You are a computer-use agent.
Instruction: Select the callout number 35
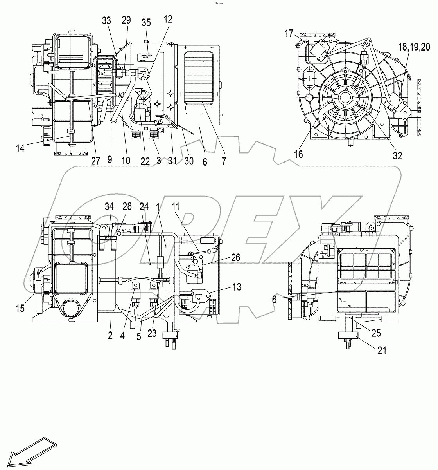pyautogui.click(x=146, y=22)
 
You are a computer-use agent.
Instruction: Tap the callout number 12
pyautogui.click(x=167, y=18)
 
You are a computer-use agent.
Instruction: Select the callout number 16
pyautogui.click(x=298, y=154)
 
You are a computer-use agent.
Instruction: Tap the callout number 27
pyautogui.click(x=95, y=161)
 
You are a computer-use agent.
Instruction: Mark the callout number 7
pyautogui.click(x=224, y=161)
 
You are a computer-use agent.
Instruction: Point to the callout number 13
pyautogui.click(x=236, y=287)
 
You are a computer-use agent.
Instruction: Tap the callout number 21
pyautogui.click(x=382, y=350)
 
